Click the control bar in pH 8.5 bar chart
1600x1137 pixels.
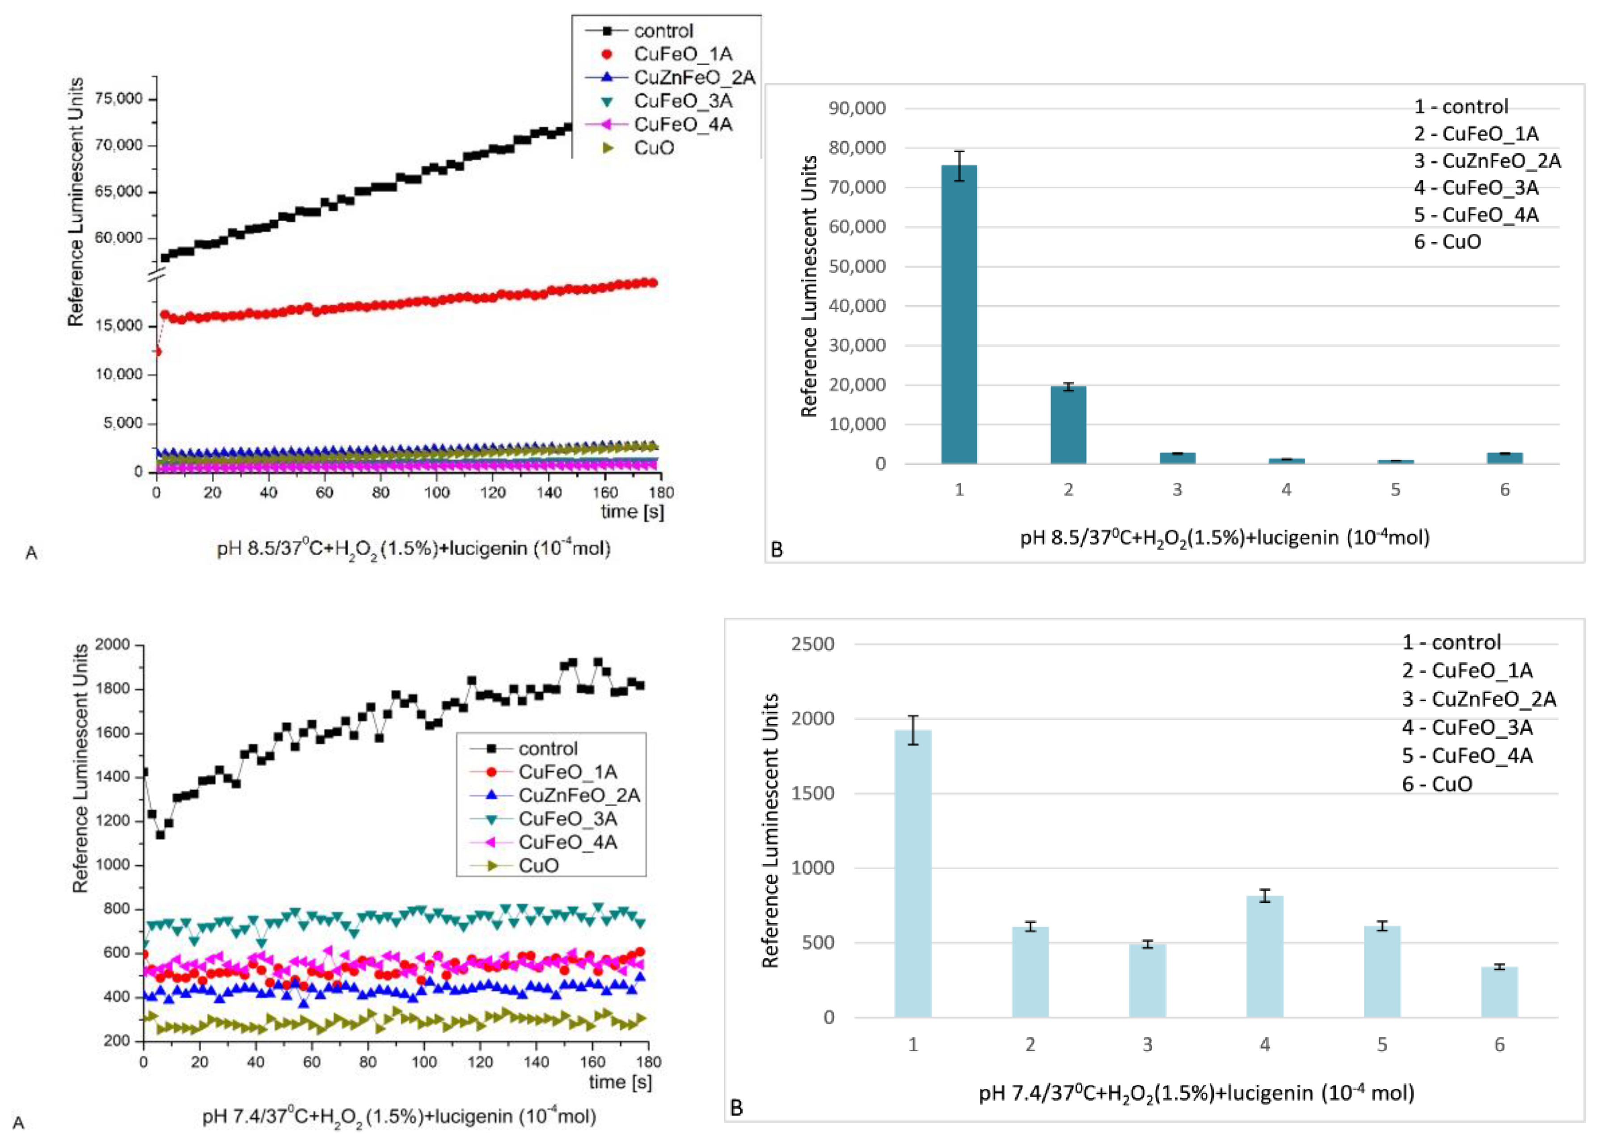(x=958, y=315)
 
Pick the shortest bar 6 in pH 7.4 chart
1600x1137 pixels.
(x=1499, y=992)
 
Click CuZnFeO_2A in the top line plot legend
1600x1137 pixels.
(x=694, y=77)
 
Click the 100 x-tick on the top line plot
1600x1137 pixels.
(x=436, y=492)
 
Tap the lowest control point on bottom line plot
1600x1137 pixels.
(x=160, y=834)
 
